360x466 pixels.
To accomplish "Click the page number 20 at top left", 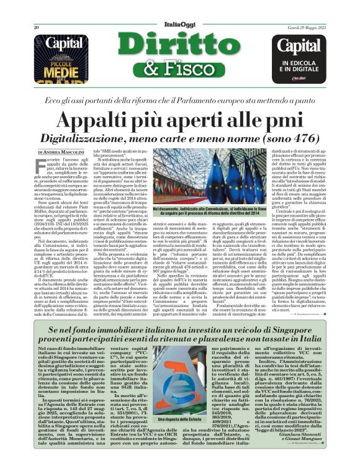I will [x=37, y=11].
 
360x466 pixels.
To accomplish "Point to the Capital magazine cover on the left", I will [x=61, y=56].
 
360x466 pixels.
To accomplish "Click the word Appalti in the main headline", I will [x=112, y=118].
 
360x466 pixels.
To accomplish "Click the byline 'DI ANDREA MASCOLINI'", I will [x=62, y=151].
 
